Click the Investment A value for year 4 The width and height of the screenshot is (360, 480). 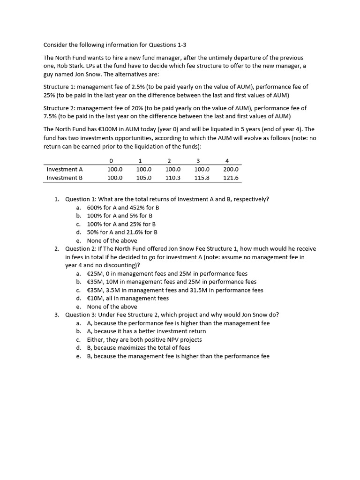click(231, 169)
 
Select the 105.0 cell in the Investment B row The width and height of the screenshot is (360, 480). click(144, 178)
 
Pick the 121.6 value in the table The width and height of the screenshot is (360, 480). click(231, 178)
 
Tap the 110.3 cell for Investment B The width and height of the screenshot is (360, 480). click(173, 178)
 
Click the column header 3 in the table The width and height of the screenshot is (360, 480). click(198, 161)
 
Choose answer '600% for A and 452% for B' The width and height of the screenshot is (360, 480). click(123, 207)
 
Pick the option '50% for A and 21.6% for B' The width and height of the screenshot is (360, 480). click(122, 232)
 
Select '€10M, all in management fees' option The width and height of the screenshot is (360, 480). click(127, 298)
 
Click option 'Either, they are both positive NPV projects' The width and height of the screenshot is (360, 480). click(144, 339)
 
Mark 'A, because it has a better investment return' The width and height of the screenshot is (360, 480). click(146, 331)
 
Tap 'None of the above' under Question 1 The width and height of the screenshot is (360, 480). click(112, 240)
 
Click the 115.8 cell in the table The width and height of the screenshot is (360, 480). click(202, 178)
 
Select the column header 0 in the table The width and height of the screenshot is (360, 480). click(111, 161)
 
